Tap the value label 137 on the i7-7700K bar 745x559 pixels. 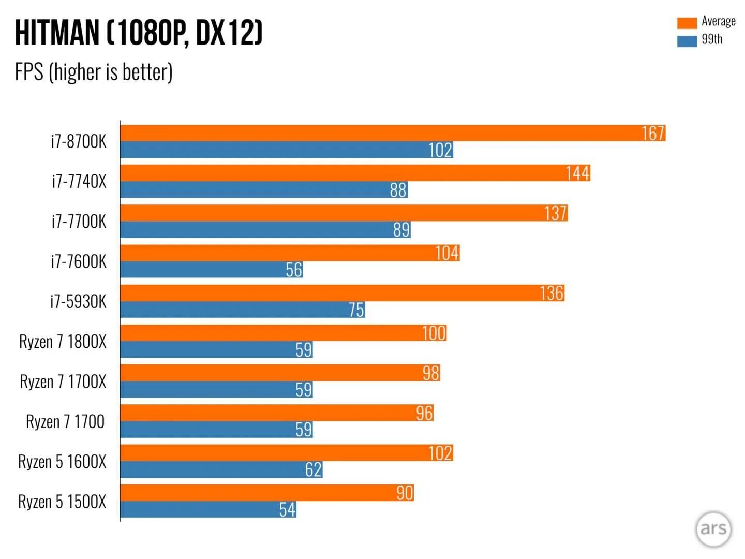point(555,213)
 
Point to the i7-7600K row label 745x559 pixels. point(78,261)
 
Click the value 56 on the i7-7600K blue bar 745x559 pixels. point(294,270)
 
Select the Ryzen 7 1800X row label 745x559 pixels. point(63,342)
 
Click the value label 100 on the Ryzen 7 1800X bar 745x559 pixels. point(434,333)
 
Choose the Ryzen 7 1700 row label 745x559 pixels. point(65,421)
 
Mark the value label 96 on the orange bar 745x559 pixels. point(424,413)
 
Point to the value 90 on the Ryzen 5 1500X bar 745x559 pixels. point(405,493)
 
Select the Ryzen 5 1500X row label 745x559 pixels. point(62,502)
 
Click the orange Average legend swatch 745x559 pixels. point(687,23)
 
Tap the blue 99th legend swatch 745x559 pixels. point(687,41)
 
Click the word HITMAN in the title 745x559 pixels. point(57,33)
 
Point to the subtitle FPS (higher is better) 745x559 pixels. point(94,72)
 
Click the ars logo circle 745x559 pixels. point(713,529)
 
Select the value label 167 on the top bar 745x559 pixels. point(653,134)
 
